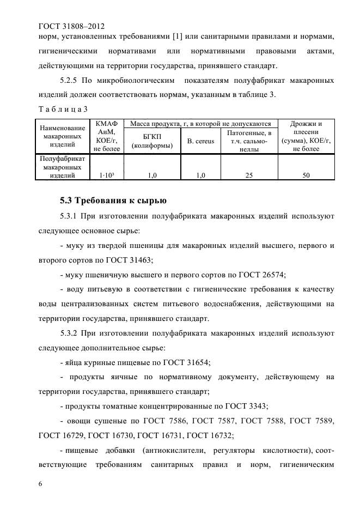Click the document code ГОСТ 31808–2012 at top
click(71, 25)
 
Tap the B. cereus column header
click(200, 141)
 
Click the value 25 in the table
click(249, 175)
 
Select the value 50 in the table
click(307, 175)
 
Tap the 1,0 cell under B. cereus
click(200, 175)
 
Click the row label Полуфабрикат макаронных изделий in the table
click(62, 167)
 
